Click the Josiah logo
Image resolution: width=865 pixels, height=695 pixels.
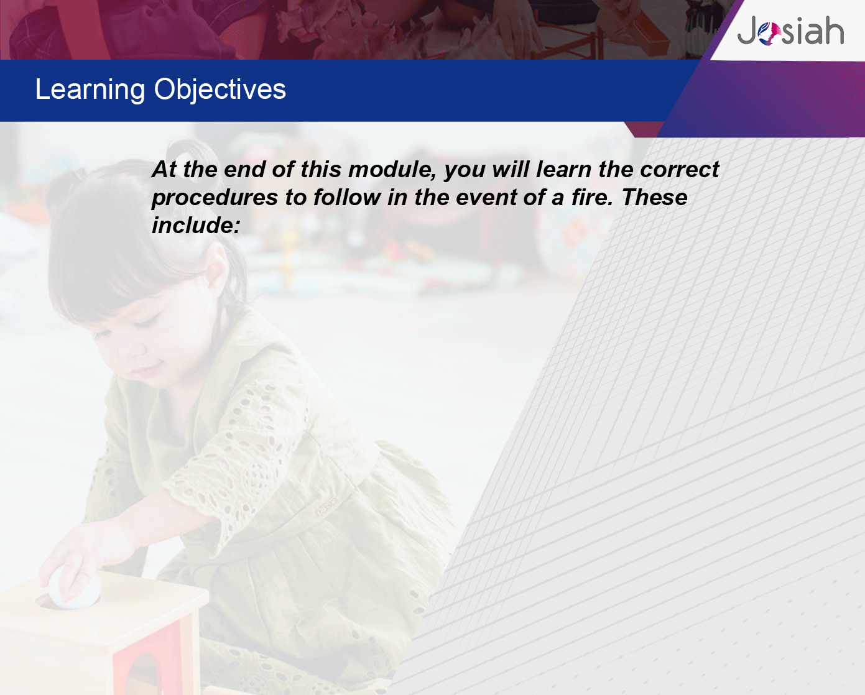790,30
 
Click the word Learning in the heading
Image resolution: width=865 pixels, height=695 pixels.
90,90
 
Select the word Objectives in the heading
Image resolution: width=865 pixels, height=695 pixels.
220,90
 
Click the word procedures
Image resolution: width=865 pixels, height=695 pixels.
215,198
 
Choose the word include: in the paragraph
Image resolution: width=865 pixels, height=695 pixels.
196,225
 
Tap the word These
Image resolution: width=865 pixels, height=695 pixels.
654,197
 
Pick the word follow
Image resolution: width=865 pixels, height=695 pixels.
347,197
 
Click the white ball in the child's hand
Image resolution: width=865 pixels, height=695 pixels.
75,587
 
